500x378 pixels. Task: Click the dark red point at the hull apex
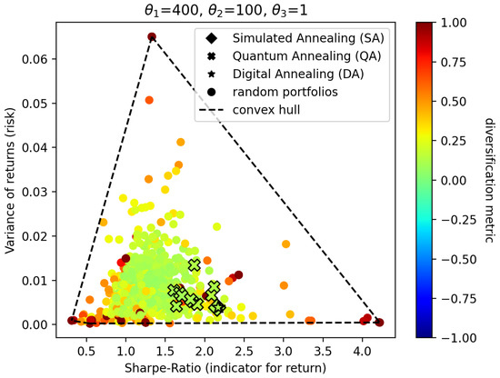coord(152,37)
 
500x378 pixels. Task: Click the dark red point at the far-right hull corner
coord(379,323)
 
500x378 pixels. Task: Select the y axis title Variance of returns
coord(12,181)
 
